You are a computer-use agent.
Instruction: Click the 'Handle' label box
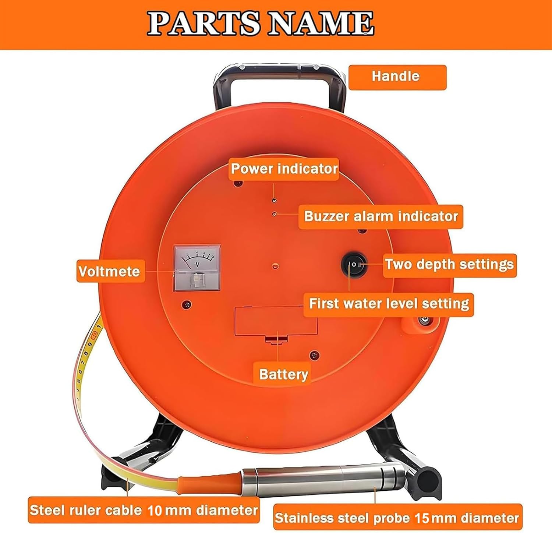click(x=397, y=77)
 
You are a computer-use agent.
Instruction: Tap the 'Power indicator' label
click(x=284, y=169)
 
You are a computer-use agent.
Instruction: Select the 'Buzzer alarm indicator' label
click(x=381, y=216)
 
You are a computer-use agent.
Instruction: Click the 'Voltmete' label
click(x=110, y=271)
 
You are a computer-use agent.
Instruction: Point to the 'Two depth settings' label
click(x=450, y=265)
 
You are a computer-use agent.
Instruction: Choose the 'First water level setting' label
click(x=389, y=304)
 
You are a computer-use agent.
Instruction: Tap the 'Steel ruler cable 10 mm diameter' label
click(x=144, y=511)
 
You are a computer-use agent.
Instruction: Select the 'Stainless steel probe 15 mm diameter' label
click(x=397, y=518)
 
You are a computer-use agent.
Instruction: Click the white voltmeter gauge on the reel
click(x=197, y=268)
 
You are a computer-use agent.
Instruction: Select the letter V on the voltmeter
click(x=197, y=264)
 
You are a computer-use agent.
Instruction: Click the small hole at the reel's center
click(x=275, y=265)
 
